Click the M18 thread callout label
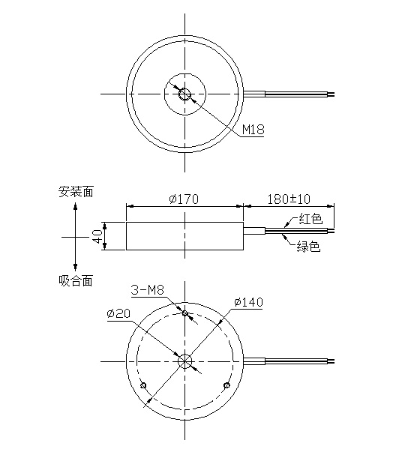253,130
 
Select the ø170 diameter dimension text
184,199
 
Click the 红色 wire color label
310,220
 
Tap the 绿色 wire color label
309,247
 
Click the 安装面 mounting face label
76,191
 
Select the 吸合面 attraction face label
76,280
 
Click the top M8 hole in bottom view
185,314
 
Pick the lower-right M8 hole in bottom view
226,385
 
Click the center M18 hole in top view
184,94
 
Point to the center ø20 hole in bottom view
185,361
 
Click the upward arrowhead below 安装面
76,206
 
